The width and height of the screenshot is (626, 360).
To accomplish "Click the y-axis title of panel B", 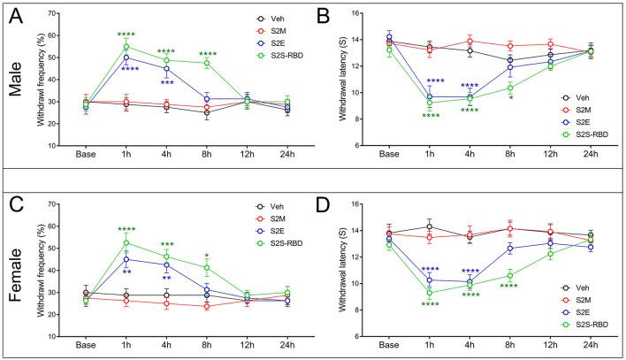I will coord(350,80).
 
